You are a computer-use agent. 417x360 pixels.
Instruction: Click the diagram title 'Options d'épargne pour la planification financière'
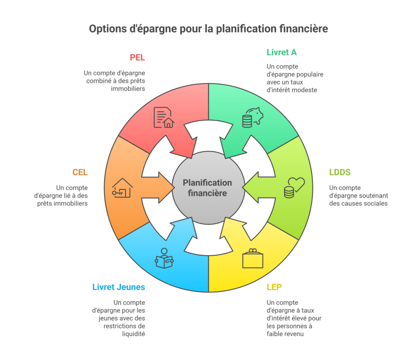click(x=208, y=29)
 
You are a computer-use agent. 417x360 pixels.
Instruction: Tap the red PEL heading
click(x=137, y=57)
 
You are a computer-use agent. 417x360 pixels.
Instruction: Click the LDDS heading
click(x=340, y=172)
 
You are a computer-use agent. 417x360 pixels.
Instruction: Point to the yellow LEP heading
click(x=274, y=287)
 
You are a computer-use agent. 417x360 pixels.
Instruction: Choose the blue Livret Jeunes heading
click(x=119, y=287)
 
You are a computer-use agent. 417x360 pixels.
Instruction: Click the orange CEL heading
click(x=80, y=172)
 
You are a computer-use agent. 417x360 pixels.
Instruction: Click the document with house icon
click(x=163, y=117)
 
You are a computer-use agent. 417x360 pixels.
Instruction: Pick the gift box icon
click(x=252, y=258)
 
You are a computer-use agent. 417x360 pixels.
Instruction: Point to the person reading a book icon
click(x=164, y=258)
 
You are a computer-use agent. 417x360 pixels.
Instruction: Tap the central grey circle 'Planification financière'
click(x=208, y=188)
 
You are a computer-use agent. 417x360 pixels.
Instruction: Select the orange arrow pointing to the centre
click(x=163, y=187)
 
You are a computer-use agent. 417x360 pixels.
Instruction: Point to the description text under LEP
click(x=293, y=318)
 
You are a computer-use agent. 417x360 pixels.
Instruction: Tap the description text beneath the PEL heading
click(x=115, y=81)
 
